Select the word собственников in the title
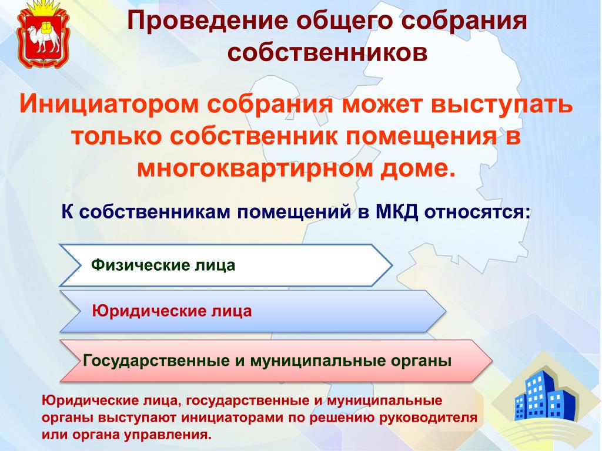pyautogui.click(x=327, y=52)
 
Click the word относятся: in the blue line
pyautogui.click(x=477, y=212)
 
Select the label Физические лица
pyautogui.click(x=163, y=265)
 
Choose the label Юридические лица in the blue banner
pyautogui.click(x=172, y=311)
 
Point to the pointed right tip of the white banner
pyautogui.click(x=392, y=265)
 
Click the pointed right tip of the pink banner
pyautogui.click(x=491, y=361)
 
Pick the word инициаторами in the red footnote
pyautogui.click(x=233, y=418)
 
